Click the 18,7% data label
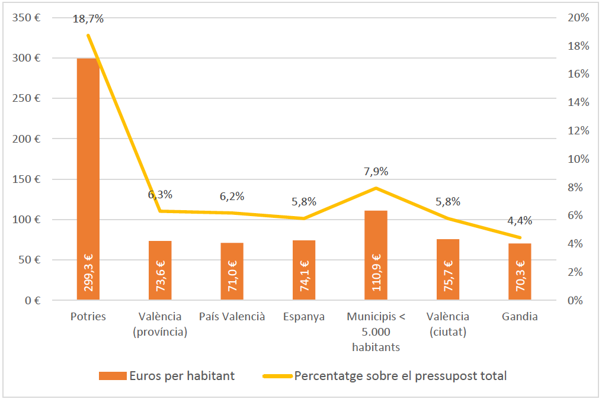(88, 19)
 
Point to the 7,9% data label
(376, 172)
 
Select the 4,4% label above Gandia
(520, 221)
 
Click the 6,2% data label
(232, 197)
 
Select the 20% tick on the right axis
(578, 18)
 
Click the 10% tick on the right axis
(578, 159)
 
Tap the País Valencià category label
(232, 317)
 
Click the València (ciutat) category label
(448, 324)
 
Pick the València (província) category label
(160, 324)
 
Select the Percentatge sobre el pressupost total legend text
(400, 376)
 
